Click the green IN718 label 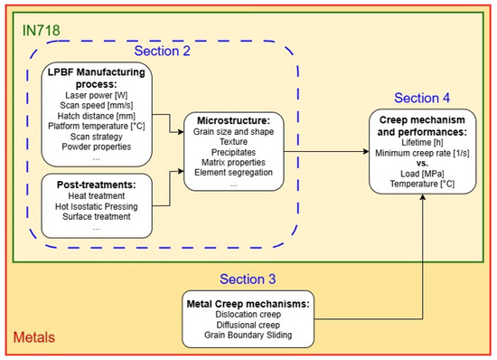(41, 31)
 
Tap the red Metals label (34, 337)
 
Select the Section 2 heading (162, 51)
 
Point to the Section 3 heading (248, 279)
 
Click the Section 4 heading (422, 98)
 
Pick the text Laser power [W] (97, 95)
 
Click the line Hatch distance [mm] (97, 116)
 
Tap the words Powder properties (97, 147)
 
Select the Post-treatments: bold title (97, 185)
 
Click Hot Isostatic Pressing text (97, 206)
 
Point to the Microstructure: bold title (234, 120)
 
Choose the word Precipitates (234, 152)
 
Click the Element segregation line (234, 172)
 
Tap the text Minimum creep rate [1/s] (422, 153)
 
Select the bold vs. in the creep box (422, 164)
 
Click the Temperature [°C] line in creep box (422, 184)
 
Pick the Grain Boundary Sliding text (248, 335)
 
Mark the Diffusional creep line (248, 325)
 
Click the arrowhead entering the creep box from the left (366, 152)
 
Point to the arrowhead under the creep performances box (423, 197)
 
